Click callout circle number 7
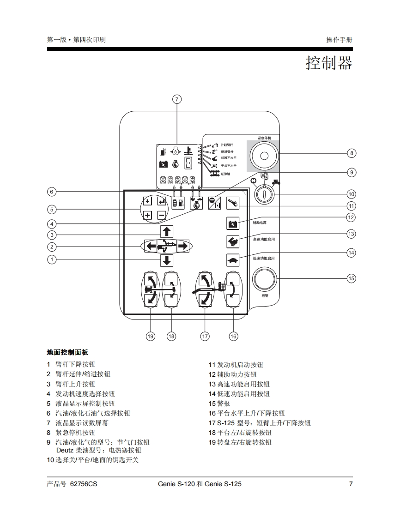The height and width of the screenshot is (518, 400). pos(177,99)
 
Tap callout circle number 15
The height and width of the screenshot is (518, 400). pos(351,278)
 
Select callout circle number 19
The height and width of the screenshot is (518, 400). pos(151,337)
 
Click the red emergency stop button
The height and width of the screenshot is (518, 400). pos(264,156)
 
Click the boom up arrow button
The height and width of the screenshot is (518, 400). pos(167,232)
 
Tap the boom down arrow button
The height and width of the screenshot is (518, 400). pos(167,260)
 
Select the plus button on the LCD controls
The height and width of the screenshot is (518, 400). pos(147,215)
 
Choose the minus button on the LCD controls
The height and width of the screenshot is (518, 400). pos(161,215)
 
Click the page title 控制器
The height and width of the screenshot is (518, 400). pos(329,63)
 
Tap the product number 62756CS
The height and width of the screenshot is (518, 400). pos(84,484)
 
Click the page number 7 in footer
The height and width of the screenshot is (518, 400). pos(351,484)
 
